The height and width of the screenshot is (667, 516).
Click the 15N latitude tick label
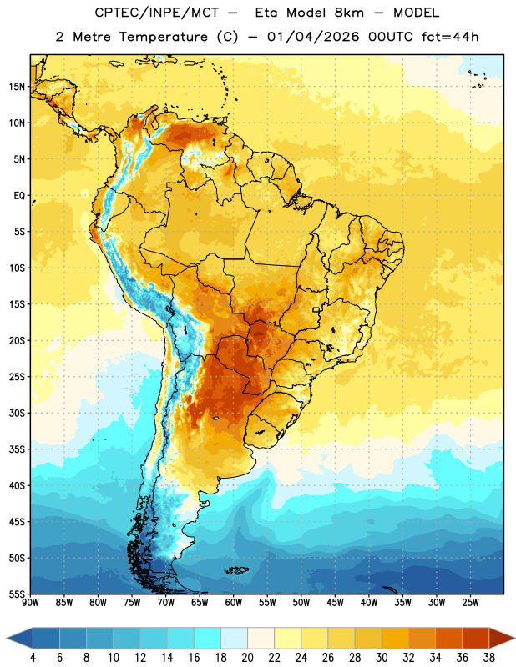[17, 87]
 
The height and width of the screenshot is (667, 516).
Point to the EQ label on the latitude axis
[19, 196]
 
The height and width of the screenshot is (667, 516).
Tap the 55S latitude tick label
[17, 594]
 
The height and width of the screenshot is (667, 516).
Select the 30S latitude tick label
[17, 413]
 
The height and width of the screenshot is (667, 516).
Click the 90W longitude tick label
[30, 603]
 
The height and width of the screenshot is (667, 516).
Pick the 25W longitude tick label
[470, 603]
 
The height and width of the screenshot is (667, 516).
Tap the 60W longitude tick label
[234, 603]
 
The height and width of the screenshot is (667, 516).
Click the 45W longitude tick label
[335, 603]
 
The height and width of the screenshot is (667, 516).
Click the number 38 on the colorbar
[488, 658]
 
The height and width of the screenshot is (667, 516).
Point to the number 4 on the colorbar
[33, 658]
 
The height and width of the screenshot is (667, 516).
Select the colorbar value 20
[247, 658]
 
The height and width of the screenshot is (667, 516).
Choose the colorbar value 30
[382, 658]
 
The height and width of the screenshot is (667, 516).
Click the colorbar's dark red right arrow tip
[514, 638]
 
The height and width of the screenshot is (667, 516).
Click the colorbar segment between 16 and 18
[208, 638]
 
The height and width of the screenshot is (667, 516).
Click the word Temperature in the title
[163, 37]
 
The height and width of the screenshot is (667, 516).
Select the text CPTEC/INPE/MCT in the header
[157, 13]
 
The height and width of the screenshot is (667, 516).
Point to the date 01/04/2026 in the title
[313, 37]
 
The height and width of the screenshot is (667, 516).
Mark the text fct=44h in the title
[450, 37]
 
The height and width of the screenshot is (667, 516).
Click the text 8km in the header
[349, 13]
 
